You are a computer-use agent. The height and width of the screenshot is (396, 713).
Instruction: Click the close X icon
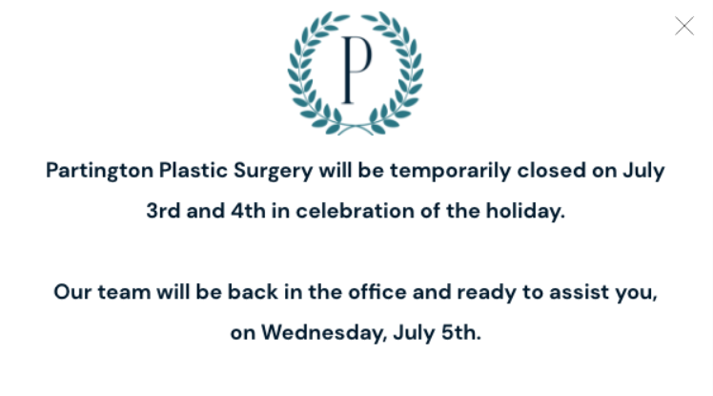(684, 26)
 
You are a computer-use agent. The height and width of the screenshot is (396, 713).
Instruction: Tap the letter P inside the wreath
(356, 70)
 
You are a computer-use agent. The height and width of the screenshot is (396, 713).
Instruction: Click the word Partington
(99, 171)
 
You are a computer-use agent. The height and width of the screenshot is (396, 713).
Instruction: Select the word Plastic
(194, 170)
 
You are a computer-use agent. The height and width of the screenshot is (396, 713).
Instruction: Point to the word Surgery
(274, 171)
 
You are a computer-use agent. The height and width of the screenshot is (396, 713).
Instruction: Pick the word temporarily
(451, 171)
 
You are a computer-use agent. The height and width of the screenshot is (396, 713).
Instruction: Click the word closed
(552, 170)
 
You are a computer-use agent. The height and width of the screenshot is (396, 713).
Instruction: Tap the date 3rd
(163, 211)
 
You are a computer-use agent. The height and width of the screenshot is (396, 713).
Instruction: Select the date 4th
(248, 211)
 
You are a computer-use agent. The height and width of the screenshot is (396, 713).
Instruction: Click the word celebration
(356, 211)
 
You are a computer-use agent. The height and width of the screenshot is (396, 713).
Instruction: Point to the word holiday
(525, 212)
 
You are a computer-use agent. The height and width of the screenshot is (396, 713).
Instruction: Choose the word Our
(72, 292)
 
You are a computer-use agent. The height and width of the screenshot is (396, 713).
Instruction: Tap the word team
(124, 292)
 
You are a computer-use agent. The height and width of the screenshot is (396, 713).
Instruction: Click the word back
(253, 292)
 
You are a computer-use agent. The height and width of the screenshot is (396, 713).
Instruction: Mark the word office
(377, 292)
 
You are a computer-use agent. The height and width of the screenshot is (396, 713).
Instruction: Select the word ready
(486, 293)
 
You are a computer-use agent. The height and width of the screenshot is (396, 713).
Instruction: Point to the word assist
(580, 292)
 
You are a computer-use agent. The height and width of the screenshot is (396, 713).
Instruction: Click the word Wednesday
(324, 333)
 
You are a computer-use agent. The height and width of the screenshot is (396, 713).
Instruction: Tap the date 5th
(461, 332)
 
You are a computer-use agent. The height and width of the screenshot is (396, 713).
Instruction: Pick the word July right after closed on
(643, 171)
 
